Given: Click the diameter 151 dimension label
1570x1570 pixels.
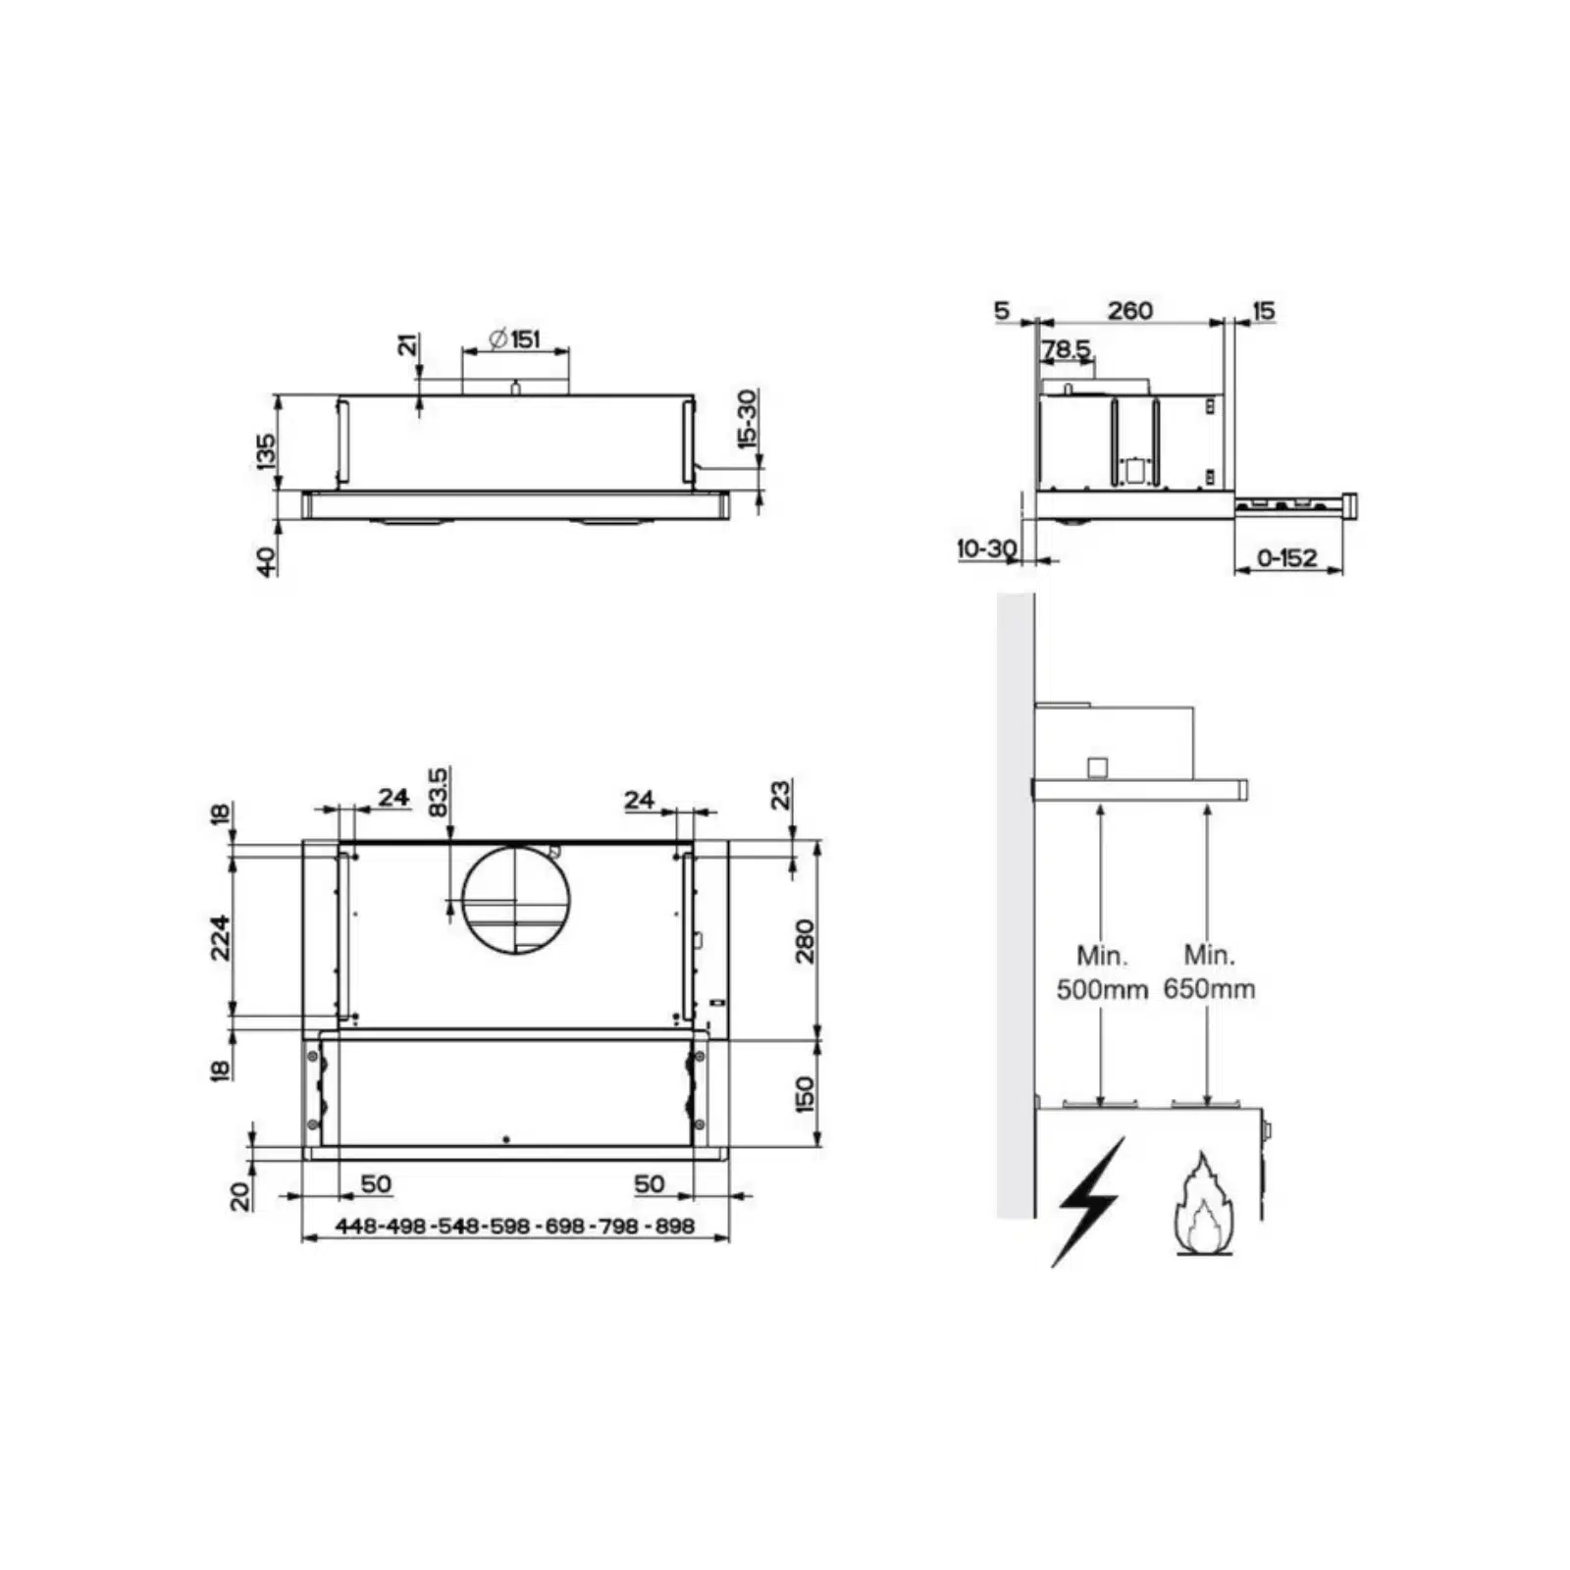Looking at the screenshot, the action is pos(515,340).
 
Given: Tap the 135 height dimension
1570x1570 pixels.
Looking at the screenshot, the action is pos(266,452).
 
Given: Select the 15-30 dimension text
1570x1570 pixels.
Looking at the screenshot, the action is pos(748,419).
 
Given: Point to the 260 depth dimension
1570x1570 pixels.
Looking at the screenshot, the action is pos(1130,310).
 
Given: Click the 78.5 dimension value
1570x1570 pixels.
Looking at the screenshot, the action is pos(1067,349).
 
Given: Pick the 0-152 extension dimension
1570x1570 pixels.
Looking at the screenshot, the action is pos(1287,557).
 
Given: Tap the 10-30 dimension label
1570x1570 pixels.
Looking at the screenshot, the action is pos(987,549).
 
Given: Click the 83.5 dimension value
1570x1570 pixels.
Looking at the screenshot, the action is pos(439,792).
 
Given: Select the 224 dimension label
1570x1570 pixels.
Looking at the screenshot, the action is pos(221,937).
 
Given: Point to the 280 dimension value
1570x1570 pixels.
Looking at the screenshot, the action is pos(805,941).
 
